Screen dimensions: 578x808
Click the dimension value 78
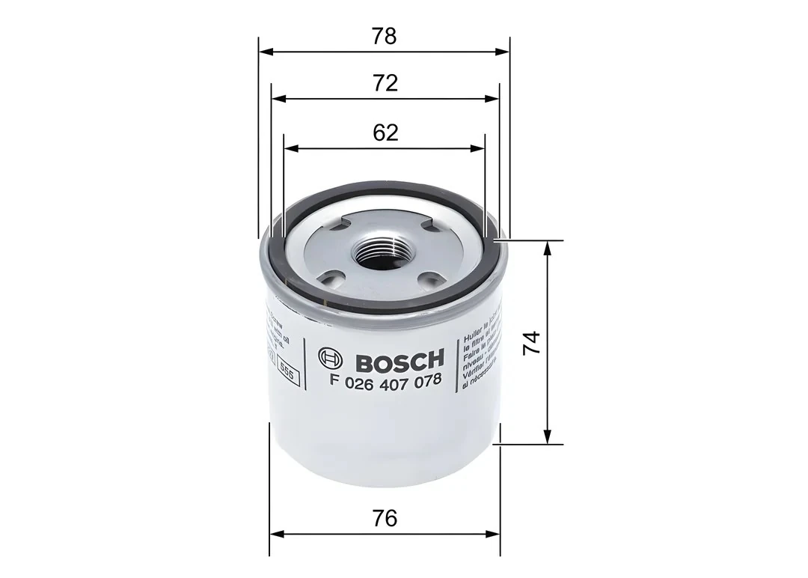(x=385, y=36)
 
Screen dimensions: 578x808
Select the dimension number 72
(x=385, y=83)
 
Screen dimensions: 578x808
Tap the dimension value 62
(x=385, y=133)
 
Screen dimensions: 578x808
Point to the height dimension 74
(x=530, y=342)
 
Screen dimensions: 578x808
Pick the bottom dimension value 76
(x=385, y=517)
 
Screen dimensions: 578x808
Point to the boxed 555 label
(x=287, y=368)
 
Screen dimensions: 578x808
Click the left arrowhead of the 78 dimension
(x=264, y=52)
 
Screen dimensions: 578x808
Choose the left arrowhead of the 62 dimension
(x=290, y=147)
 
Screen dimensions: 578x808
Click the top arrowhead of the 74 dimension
(x=548, y=247)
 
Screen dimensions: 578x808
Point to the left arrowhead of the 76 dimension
(x=275, y=535)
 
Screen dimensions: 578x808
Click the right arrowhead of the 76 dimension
(x=495, y=535)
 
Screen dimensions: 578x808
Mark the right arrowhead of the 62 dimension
(x=480, y=147)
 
